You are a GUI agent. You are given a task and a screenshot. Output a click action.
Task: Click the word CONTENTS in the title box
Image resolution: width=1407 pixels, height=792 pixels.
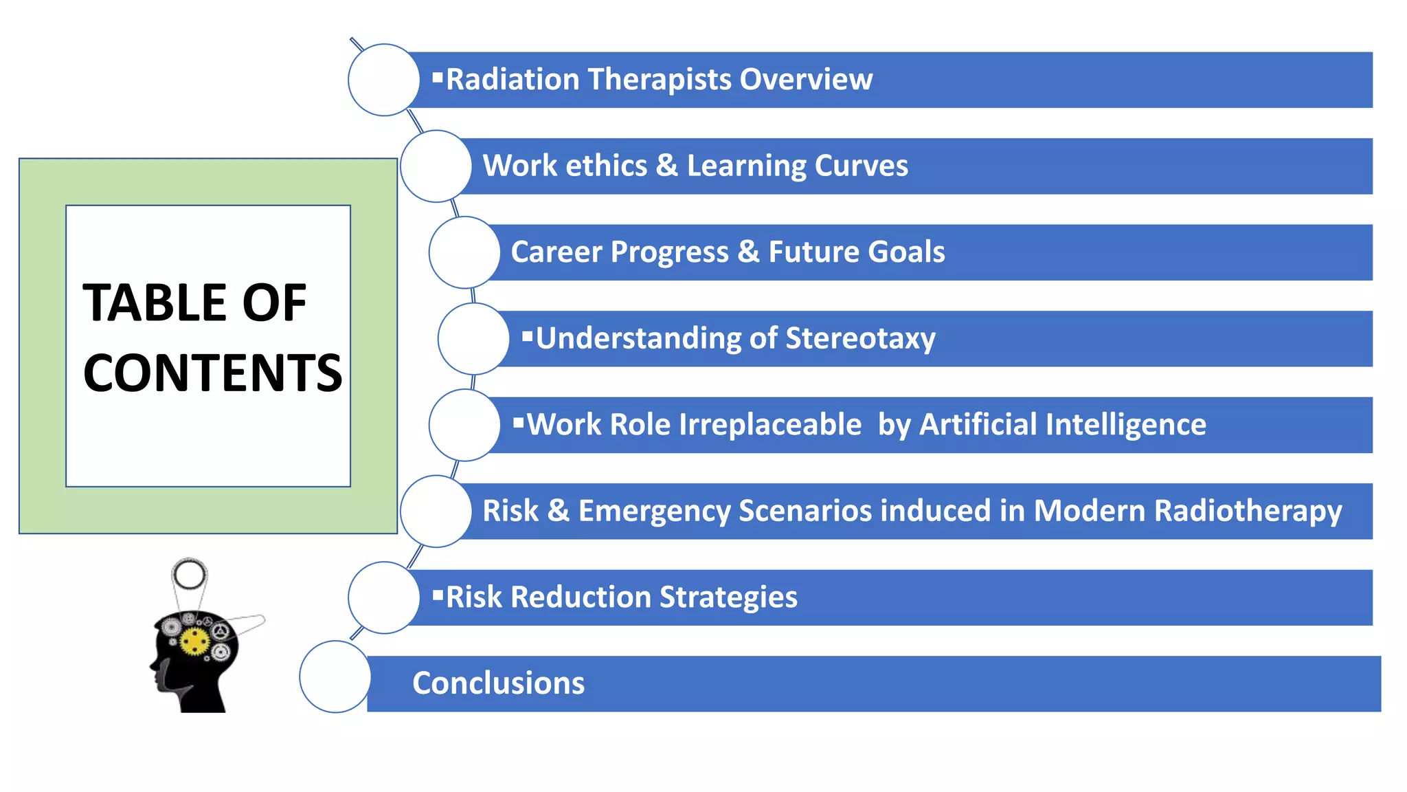coord(212,373)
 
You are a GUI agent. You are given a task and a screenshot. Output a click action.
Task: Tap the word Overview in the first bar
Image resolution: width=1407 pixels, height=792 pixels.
coord(806,79)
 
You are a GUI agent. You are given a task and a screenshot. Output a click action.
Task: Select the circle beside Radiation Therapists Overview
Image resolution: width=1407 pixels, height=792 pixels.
coord(383,80)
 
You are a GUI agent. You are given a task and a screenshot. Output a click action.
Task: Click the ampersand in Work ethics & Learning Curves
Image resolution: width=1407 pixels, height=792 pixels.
coord(666,166)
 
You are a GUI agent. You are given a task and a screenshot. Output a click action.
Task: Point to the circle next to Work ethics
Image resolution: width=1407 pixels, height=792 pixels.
coord(436,166)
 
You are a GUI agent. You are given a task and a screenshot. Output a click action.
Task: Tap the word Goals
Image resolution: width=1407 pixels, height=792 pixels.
coord(910,252)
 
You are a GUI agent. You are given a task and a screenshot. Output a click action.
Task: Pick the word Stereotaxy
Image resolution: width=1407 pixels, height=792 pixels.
coord(860,338)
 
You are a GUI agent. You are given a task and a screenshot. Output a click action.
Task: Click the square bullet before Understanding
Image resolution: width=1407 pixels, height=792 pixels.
coord(527,336)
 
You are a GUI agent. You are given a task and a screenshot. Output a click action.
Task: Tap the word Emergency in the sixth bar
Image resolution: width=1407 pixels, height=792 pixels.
coord(653,511)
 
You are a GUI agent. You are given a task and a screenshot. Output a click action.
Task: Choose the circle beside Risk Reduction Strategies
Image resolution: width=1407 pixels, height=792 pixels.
coord(383,597)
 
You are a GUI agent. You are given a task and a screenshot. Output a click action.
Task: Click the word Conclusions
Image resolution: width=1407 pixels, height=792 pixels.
coord(498,683)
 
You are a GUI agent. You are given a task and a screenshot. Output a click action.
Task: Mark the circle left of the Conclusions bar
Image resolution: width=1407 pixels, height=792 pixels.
coord(335,676)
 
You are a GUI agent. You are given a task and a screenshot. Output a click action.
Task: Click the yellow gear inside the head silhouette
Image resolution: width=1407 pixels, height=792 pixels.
coord(195,641)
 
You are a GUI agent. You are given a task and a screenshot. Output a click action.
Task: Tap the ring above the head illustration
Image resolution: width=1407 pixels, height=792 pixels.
coord(190,574)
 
